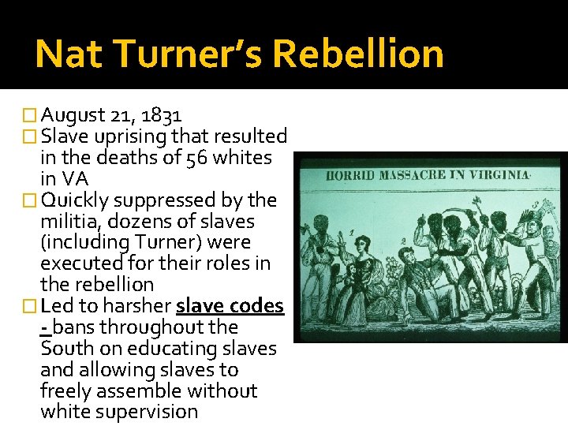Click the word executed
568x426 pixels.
click(80, 263)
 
